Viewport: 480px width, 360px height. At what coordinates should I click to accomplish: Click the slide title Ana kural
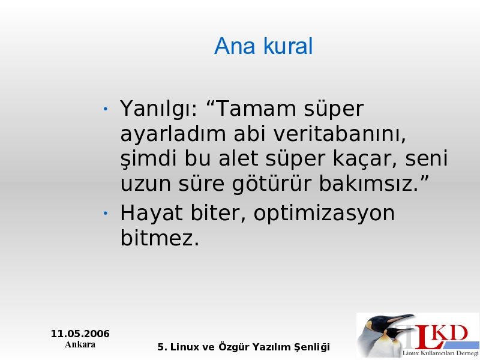pyautogui.click(x=263, y=46)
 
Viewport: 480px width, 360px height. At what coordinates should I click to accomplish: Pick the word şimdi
pyautogui.click(x=148, y=159)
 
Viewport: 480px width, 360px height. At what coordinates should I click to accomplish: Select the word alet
pyautogui.click(x=238, y=158)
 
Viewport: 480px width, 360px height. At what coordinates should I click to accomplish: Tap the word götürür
pyautogui.click(x=272, y=184)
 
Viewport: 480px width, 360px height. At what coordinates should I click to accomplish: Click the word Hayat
pyautogui.click(x=152, y=214)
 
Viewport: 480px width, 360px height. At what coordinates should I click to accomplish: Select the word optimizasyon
pyautogui.click(x=324, y=214)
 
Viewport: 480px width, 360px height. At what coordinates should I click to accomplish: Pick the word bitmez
pyautogui.click(x=160, y=238)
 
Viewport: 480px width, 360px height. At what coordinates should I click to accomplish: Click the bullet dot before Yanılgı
pyautogui.click(x=106, y=109)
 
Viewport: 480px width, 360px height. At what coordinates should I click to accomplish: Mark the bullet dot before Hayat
pyautogui.click(x=106, y=213)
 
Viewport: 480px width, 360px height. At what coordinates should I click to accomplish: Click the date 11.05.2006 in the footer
pyautogui.click(x=80, y=334)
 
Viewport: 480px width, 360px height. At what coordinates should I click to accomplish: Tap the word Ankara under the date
pyautogui.click(x=80, y=344)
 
